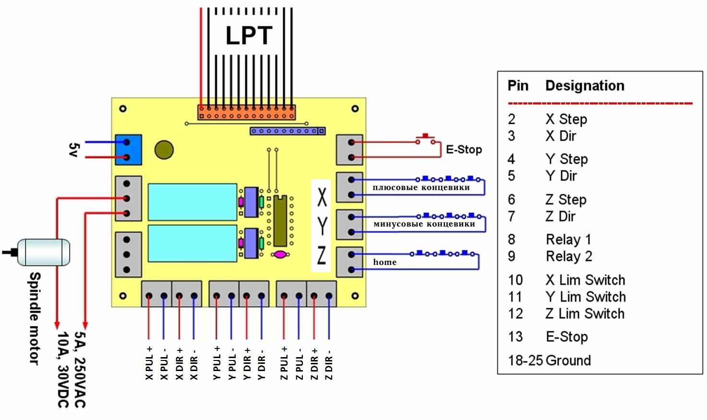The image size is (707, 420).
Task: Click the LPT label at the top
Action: coord(249,36)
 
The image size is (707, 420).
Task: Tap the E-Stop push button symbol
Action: coord(425,138)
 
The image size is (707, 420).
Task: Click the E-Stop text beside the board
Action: coord(464,150)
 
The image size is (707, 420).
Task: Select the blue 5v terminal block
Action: coord(128,150)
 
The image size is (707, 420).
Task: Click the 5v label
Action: coord(73,149)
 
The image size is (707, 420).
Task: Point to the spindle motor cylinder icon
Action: coord(44,252)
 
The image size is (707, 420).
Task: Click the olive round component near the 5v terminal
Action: coord(164,150)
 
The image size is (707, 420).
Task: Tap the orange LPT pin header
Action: coord(246,113)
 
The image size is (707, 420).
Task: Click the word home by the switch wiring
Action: coord(385,262)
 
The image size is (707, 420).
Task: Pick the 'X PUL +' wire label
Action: coord(149,363)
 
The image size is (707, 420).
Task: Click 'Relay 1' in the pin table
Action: coord(568,240)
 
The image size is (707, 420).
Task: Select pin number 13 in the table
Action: coord(515,337)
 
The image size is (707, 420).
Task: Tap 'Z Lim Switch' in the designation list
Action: coord(585,314)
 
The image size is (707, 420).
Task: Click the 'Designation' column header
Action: coord(585,86)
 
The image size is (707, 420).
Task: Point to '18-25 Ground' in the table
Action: coord(549,360)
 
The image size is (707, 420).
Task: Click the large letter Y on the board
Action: coord(322,226)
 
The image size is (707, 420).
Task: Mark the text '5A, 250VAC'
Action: coord(80,369)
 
